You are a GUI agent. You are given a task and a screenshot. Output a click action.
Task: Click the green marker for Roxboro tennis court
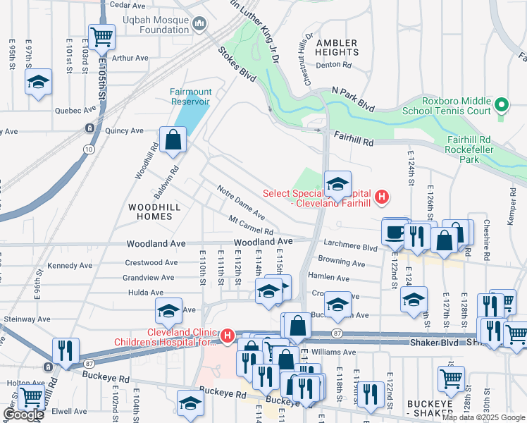pyautogui.click(x=502, y=106)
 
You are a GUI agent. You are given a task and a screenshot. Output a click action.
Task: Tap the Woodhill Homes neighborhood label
pyautogui.click(x=149, y=211)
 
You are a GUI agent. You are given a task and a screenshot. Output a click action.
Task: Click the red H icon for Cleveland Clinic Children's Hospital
pyautogui.click(x=228, y=337)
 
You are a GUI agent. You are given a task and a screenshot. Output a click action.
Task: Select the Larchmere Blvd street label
pyautogui.click(x=350, y=247)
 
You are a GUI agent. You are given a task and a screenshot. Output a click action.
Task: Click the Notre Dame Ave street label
pyautogui.click(x=241, y=202)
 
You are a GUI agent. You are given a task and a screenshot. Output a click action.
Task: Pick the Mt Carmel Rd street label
pyautogui.click(x=250, y=226)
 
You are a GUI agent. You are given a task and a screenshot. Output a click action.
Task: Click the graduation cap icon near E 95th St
pyautogui.click(x=39, y=82)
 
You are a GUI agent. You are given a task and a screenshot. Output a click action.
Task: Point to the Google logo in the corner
pyautogui.click(x=23, y=415)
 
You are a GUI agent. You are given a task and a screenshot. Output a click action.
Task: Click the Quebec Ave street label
pyautogui.click(x=75, y=111)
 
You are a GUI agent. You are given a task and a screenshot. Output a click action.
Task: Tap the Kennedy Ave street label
pyautogui.click(x=68, y=266)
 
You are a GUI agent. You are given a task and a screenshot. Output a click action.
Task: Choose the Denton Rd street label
pyautogui.click(x=334, y=65)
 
